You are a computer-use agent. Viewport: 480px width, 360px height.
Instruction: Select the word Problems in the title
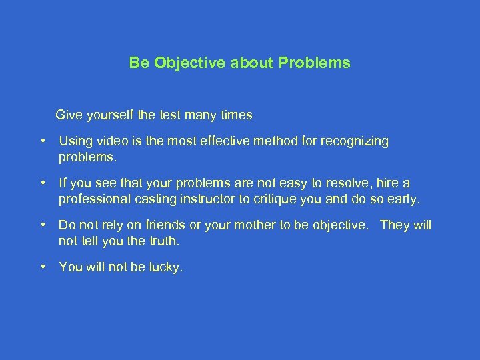[x=315, y=63]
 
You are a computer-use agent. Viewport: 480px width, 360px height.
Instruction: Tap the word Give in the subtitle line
[x=70, y=115]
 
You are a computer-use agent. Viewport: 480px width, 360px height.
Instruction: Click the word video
[x=111, y=141]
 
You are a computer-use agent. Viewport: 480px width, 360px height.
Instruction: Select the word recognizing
[x=355, y=141]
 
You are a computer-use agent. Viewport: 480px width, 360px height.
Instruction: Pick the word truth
[x=161, y=241]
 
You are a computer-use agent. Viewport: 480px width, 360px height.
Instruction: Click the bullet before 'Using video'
[x=42, y=141]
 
